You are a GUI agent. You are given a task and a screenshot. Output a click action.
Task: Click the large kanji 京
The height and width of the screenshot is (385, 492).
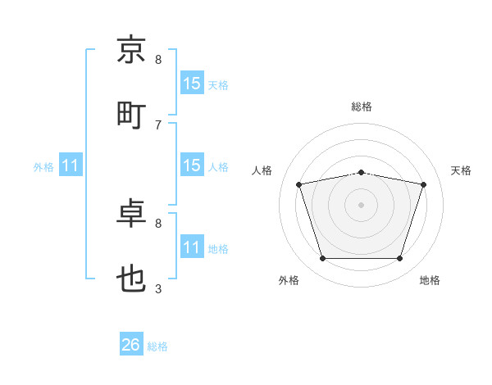131,49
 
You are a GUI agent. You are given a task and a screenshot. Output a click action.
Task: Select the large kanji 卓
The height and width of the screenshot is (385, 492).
131,213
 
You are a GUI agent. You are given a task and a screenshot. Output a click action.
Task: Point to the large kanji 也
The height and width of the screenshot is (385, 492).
131,279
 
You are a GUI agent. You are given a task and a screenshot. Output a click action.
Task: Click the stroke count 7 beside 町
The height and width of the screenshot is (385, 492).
158,125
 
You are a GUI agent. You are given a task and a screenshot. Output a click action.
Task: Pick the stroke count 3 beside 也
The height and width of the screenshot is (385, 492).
158,288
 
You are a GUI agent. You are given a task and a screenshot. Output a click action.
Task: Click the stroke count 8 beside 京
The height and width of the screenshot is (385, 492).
158,60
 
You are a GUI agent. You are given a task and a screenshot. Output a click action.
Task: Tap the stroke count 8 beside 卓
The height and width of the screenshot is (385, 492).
158,224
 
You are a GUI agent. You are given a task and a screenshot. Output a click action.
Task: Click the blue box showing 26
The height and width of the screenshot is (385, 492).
131,343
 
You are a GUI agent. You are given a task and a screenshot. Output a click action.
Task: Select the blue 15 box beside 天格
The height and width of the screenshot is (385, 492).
192,83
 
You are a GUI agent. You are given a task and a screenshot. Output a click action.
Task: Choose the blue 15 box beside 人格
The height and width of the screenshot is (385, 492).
192,165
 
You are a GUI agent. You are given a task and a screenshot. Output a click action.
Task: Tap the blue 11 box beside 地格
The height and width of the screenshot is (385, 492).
192,246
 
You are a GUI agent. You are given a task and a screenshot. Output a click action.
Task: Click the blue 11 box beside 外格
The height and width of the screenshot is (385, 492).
71,165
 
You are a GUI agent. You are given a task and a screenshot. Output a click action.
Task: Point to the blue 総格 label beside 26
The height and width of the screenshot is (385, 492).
157,346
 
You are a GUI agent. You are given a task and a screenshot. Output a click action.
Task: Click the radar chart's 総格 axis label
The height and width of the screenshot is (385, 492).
362,106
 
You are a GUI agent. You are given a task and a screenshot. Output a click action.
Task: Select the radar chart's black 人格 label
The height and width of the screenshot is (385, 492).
262,170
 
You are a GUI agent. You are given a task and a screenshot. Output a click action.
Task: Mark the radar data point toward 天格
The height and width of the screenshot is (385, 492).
423,184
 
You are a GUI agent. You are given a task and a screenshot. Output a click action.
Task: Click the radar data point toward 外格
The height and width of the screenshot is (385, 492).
322,258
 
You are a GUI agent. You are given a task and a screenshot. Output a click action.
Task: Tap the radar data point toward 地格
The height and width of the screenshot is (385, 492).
399,258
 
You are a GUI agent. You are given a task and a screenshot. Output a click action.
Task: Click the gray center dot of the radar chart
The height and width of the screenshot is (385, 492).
361,205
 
